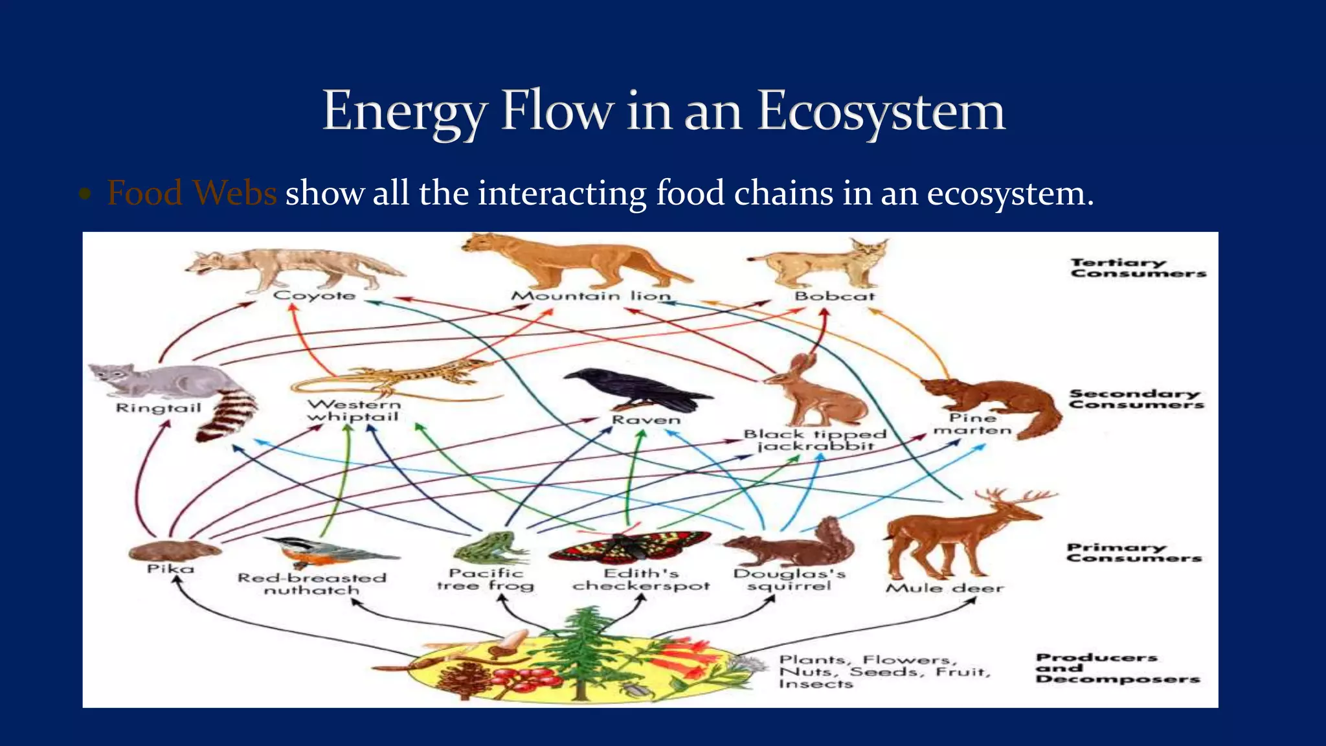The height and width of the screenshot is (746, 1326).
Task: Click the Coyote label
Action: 315,295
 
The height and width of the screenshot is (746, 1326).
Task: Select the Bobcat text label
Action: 835,296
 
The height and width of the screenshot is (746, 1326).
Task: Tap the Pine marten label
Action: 972,424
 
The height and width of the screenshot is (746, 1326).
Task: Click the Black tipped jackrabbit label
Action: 815,440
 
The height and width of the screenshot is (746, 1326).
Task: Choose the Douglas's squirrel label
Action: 789,580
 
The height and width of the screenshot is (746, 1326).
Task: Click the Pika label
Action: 170,569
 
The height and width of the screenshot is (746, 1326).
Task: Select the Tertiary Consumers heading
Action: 1138,267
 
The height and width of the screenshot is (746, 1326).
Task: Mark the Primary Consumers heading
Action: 1134,552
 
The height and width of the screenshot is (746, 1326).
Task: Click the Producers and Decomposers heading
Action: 1117,668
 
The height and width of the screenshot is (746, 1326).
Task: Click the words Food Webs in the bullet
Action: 192,193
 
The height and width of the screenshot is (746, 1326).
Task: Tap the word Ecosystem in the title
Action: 881,111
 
